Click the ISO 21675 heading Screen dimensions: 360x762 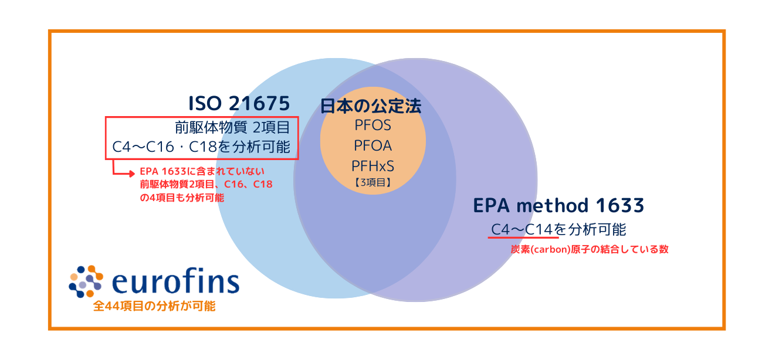click(x=239, y=104)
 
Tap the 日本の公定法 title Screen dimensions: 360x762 click(x=371, y=106)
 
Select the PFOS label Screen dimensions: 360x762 click(x=372, y=125)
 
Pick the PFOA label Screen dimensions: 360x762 click(x=372, y=145)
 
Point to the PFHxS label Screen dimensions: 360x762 click(x=372, y=165)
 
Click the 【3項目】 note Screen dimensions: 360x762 click(x=372, y=182)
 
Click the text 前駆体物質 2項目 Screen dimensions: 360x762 click(x=232, y=127)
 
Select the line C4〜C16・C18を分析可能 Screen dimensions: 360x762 click(x=201, y=147)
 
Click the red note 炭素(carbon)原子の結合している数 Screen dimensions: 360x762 click(x=589, y=249)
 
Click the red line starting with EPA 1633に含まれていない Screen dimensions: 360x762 click(x=203, y=172)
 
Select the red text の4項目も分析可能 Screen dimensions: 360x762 click(x=182, y=198)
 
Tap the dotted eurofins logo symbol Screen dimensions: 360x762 click(x=86, y=281)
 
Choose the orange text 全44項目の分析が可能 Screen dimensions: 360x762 click(x=154, y=306)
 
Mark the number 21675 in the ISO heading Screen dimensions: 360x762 click(x=258, y=104)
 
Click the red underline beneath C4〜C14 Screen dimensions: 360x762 click(x=522, y=238)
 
